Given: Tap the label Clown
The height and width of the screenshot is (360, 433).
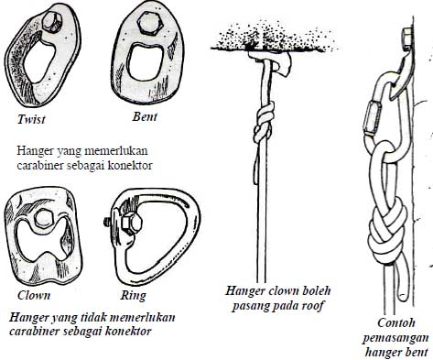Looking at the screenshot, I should click(34, 296).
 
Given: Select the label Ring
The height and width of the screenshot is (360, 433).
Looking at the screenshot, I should click(134, 296).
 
